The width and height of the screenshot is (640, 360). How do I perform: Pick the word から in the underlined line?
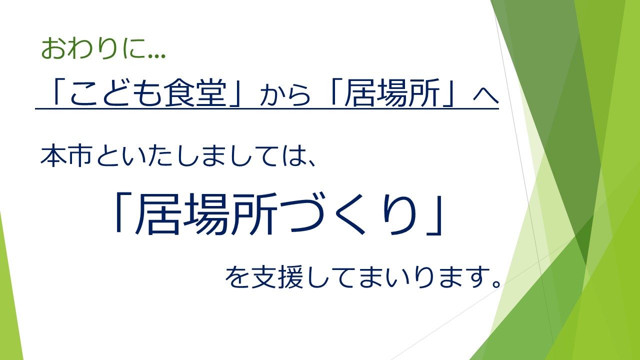point(285,95)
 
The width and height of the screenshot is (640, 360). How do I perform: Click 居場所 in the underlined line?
point(392,93)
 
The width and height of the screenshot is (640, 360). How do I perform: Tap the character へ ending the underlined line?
point(486,95)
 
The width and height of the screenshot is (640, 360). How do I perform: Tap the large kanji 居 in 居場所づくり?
point(157,214)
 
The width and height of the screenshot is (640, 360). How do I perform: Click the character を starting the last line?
point(237,276)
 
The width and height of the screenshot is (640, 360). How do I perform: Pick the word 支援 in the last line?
point(277,276)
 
